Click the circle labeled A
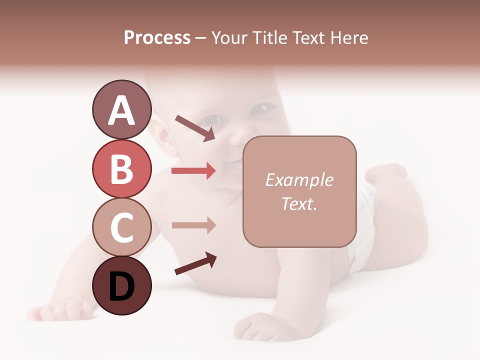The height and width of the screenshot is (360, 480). (121, 110)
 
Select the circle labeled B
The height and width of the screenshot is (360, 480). (121, 169)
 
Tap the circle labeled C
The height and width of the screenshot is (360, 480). (121, 227)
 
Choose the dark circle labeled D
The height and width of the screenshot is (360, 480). (121, 286)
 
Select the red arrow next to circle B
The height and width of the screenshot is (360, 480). (193, 171)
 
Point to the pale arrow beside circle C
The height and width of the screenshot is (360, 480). (193, 225)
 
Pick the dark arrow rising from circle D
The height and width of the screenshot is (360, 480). (195, 264)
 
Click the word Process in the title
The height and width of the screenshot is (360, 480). (157, 38)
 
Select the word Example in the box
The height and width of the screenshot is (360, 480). (299, 180)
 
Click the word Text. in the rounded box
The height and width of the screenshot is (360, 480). (299, 203)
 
